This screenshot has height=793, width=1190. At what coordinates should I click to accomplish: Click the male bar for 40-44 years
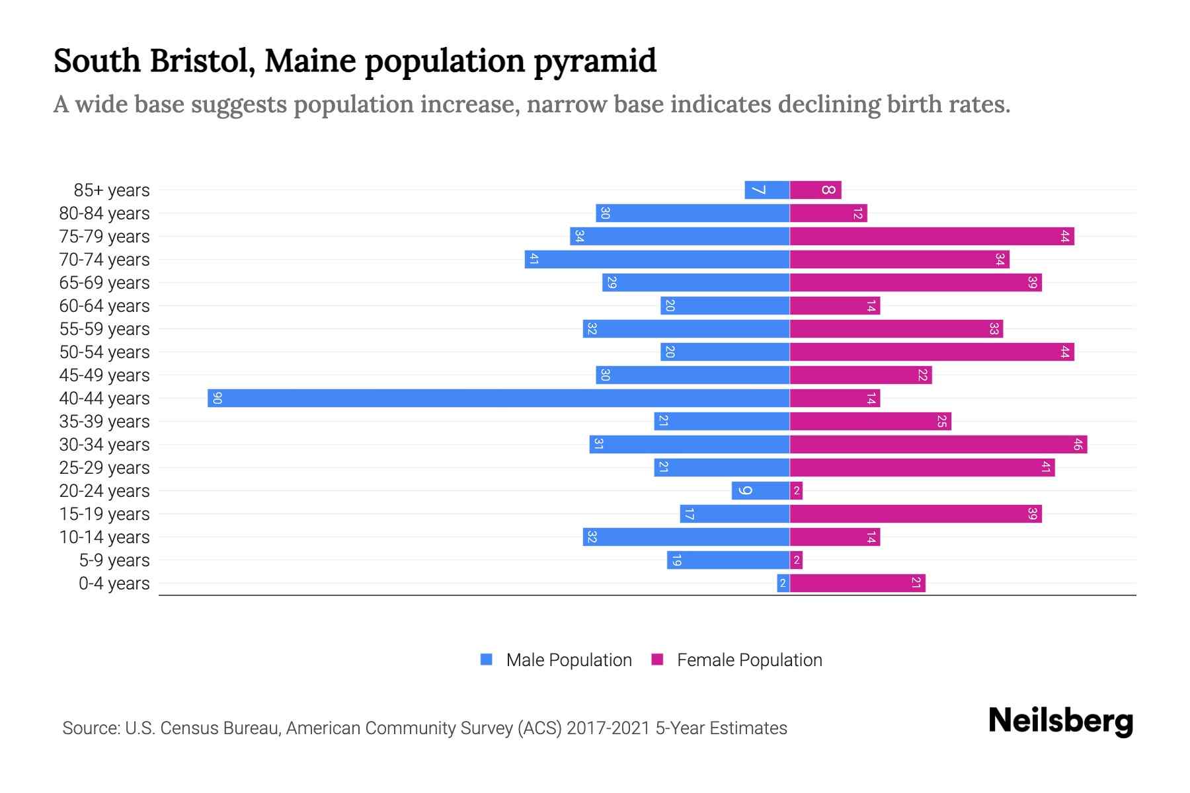pos(498,398)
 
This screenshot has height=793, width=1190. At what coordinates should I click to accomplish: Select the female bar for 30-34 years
pos(938,444)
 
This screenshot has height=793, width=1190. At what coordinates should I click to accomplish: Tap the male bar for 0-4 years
pos(783,583)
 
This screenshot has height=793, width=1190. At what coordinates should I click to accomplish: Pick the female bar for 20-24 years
pos(796,490)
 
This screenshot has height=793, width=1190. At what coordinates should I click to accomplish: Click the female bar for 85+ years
pos(815,190)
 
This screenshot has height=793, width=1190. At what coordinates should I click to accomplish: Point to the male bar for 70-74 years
pos(657,259)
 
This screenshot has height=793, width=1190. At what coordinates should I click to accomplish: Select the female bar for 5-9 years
pos(796,560)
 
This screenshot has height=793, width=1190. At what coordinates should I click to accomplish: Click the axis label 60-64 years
pos(104,306)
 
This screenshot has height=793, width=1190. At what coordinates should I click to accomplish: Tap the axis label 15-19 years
pos(104,514)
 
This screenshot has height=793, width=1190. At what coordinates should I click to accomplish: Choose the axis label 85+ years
pos(112,190)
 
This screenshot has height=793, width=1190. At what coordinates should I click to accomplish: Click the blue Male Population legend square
pos(487,660)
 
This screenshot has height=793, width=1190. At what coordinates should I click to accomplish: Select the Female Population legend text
pos(749,660)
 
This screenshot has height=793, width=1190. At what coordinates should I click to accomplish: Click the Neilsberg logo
pos(1060,721)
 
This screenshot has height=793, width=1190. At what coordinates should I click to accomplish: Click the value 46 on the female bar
pos(1077,444)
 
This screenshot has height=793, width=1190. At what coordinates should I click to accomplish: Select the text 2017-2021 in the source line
pos(608,728)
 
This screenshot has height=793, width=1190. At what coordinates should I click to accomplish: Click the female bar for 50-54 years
pos(932,352)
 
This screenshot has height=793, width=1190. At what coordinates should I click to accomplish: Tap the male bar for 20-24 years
pos(760,490)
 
